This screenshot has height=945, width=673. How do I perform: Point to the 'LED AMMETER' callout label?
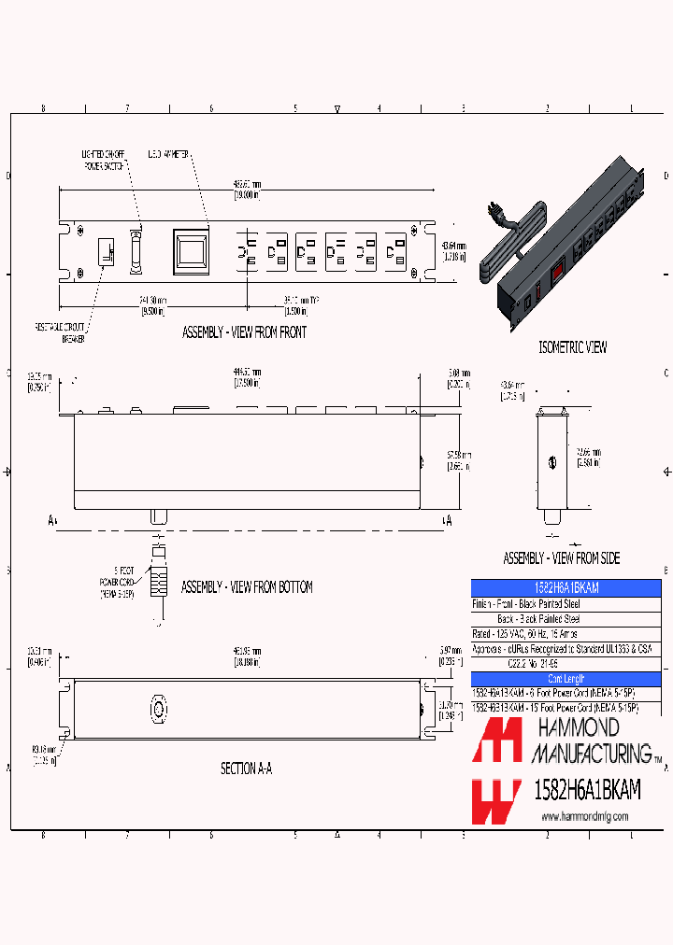[167, 153]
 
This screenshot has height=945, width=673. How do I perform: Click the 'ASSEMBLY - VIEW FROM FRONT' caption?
[244, 331]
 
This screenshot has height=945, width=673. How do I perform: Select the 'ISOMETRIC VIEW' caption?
[572, 347]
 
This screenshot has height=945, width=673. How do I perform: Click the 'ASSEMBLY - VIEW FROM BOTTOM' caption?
[247, 587]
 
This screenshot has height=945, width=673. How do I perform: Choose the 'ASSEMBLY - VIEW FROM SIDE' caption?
[561, 558]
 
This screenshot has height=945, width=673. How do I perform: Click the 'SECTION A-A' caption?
[246, 769]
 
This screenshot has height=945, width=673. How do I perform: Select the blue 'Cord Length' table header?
[566, 679]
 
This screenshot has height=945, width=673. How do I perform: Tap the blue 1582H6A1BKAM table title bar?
[566, 588]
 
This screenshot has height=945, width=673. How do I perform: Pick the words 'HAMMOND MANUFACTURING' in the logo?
[591, 741]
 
